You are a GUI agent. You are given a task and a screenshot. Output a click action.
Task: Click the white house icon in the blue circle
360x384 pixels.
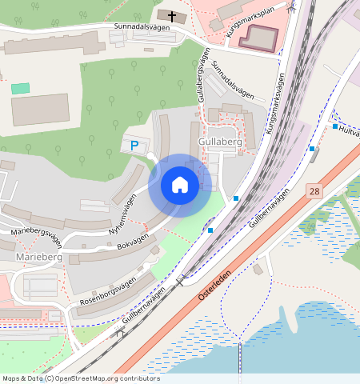coord(180,186)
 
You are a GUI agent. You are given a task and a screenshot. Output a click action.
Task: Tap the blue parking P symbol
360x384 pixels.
coord(134,146)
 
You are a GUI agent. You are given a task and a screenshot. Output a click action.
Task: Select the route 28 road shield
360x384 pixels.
coord(313,191)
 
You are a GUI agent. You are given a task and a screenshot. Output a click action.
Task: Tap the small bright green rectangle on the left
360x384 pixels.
coord(20,87)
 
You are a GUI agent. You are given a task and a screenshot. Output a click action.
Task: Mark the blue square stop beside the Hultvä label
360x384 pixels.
coord(334,126)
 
